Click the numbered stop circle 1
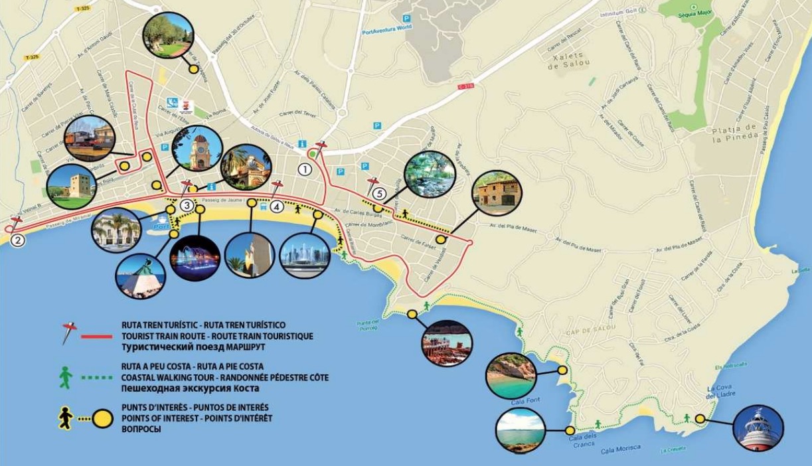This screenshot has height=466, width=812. pos(305,169)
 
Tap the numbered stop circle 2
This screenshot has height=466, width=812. pos(19,240)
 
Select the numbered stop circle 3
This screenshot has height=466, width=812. pos(187,206)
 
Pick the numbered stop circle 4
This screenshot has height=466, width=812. pos(278,206)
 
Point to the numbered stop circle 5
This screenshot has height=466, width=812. pos(378,194)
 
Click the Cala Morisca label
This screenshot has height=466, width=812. pos(621,449)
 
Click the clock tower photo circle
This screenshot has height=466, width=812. pos(197,150)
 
